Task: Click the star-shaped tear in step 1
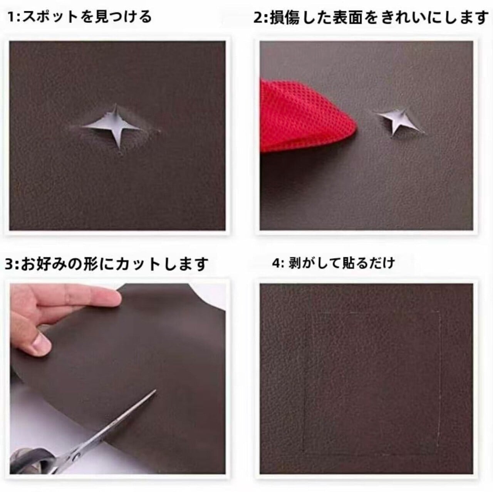(x=115, y=127)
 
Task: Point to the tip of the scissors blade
(x=155, y=390)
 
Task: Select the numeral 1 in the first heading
(x=11, y=17)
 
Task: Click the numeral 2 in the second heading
(x=258, y=18)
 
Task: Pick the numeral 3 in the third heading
(x=10, y=264)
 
